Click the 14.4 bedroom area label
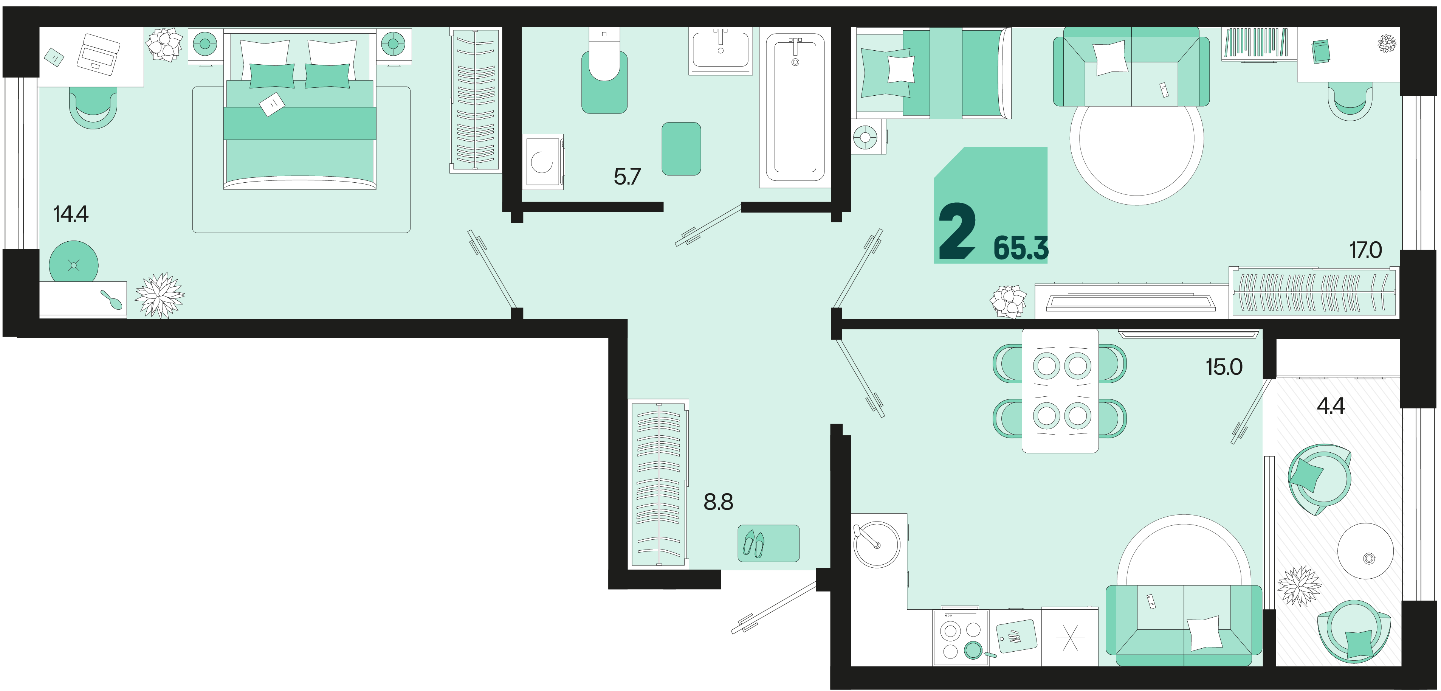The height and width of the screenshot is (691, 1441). (x=71, y=214)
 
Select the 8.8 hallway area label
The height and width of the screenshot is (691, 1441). (x=718, y=502)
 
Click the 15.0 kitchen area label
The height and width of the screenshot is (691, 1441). (x=1224, y=367)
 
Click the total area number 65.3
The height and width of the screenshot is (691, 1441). (x=1021, y=249)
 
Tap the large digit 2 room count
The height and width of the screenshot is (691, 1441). (x=957, y=231)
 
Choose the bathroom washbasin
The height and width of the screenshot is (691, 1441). (x=720, y=50)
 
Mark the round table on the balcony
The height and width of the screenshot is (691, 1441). (x=1365, y=551)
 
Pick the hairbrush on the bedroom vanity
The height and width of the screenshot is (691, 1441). (x=111, y=299)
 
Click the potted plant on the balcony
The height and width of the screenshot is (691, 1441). (x=1299, y=586)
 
